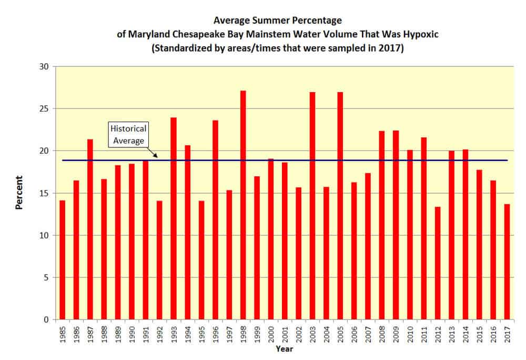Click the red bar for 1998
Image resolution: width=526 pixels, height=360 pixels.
243,205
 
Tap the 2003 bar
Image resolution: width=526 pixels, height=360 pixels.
312,206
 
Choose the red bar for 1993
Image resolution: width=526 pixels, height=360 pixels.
174,218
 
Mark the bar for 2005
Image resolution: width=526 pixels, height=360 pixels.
340,206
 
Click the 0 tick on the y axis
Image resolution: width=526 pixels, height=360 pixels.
46,319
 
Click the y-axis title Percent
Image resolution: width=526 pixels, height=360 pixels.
19,193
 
